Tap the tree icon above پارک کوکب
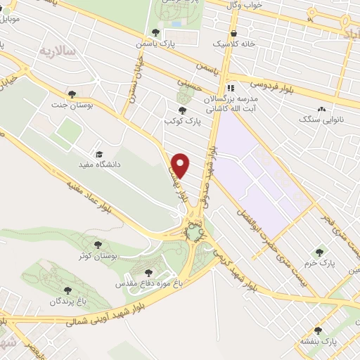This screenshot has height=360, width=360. [x=183, y=110]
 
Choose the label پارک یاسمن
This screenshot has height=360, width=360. [x=157, y=44]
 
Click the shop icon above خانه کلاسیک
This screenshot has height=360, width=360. [x=233, y=33]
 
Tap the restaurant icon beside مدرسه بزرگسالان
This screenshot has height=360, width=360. [x=231, y=89]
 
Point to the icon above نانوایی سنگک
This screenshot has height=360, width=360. [x=322, y=110]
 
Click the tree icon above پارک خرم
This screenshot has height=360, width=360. [x=320, y=252]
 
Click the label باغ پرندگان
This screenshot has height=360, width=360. [x=67, y=301]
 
